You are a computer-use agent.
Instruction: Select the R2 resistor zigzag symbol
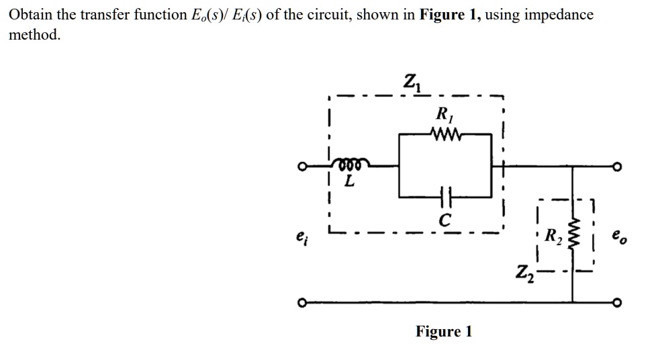pyautogui.click(x=572, y=234)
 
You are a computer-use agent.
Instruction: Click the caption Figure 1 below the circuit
pyautogui.click(x=444, y=331)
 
